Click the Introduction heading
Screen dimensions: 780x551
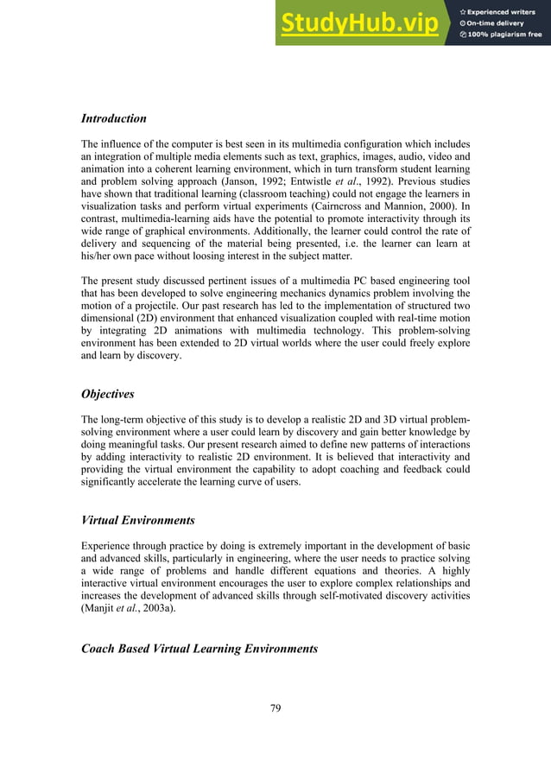(113, 118)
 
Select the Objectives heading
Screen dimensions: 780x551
(107, 394)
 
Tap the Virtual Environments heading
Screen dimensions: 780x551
(137, 521)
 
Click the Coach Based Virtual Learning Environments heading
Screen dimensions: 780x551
(199, 648)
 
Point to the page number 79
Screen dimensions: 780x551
(275, 709)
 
